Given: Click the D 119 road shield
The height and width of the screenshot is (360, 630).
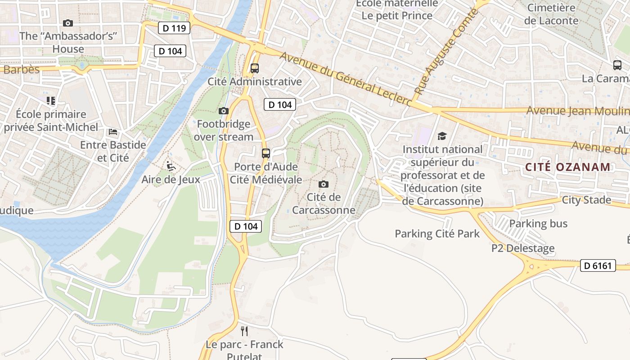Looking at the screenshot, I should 174,28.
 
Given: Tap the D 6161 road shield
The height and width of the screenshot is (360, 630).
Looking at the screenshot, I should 598,265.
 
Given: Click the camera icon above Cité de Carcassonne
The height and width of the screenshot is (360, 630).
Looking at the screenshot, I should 323,184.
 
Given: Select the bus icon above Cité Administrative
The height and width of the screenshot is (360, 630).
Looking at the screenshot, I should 255,68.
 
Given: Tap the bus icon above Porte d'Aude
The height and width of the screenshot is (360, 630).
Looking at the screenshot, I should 266,153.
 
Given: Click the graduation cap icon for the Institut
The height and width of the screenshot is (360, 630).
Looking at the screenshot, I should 442,136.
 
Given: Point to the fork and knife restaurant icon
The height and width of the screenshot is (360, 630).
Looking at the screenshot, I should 244,331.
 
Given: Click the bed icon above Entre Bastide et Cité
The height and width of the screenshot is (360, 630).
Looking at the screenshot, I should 113,132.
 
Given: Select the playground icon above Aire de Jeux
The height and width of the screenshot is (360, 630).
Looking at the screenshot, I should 171,166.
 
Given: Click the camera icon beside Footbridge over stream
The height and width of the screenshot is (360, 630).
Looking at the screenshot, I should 223,111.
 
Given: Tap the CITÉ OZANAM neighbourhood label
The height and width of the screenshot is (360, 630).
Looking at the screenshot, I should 568,167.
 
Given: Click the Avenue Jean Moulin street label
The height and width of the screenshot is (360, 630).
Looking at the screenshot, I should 577,111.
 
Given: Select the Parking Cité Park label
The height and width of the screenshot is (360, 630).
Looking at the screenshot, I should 437,234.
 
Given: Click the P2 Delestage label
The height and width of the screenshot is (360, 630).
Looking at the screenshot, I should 522,248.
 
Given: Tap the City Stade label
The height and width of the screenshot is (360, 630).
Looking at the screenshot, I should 586,200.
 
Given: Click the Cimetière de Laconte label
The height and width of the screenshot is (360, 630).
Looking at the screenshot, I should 551,14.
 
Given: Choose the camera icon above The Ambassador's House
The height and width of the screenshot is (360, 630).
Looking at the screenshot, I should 68,23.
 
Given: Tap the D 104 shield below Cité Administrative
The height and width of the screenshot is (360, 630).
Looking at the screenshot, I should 280,104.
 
